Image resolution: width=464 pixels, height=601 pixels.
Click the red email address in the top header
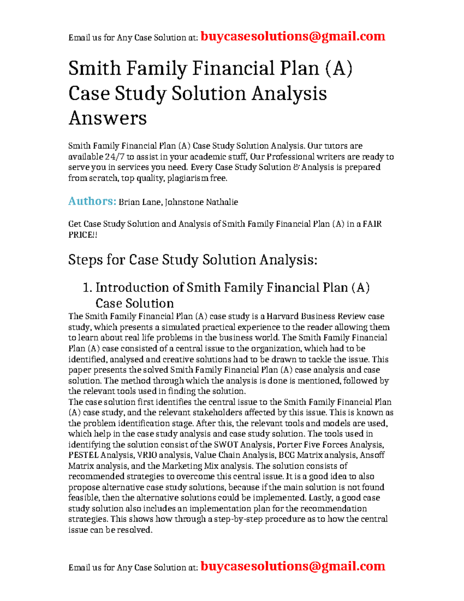(x=293, y=36)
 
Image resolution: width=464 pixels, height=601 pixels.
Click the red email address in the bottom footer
(x=293, y=566)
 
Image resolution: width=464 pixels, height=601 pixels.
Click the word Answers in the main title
(x=107, y=118)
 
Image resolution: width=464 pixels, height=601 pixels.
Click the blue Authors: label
(x=92, y=201)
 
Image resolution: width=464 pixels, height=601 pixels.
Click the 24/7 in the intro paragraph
(x=114, y=157)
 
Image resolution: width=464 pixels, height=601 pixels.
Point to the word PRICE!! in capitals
(x=83, y=235)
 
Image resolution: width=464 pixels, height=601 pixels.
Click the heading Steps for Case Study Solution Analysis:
(x=193, y=260)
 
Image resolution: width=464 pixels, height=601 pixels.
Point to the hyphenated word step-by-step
(x=237, y=519)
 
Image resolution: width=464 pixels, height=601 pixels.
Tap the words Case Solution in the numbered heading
(x=135, y=303)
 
